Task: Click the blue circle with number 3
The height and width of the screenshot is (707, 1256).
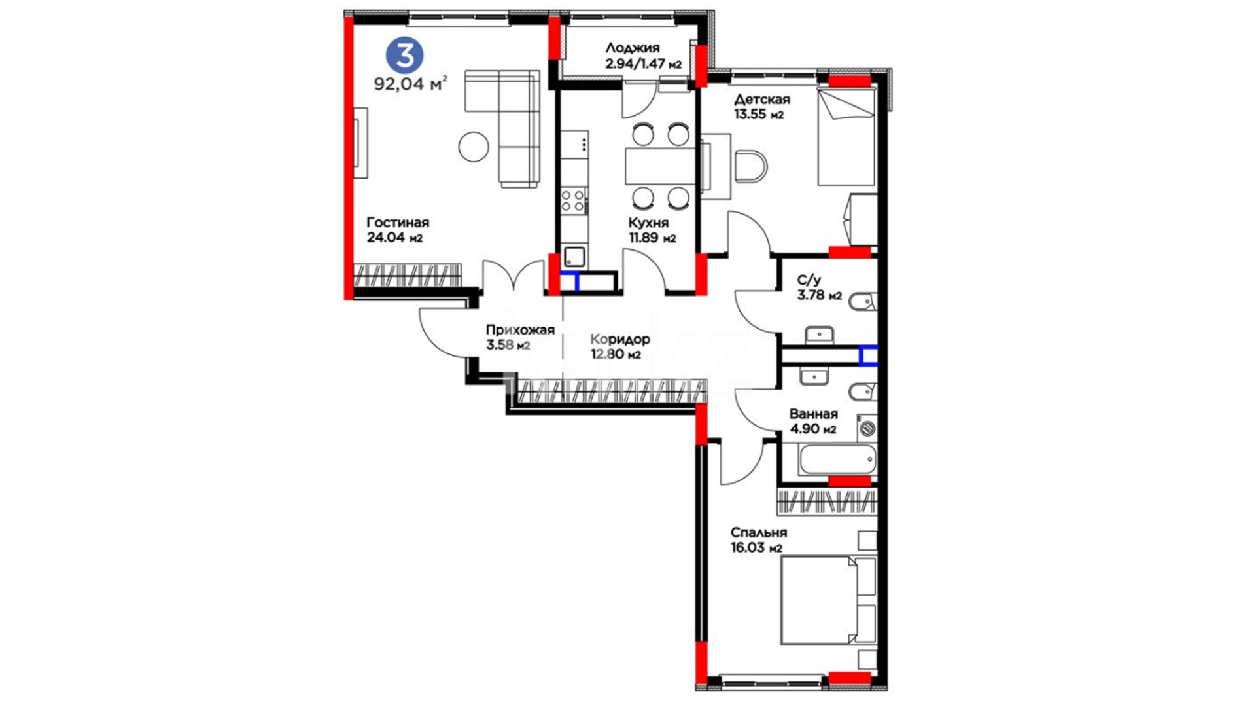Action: point(404,55)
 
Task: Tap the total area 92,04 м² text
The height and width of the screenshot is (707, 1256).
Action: point(411,84)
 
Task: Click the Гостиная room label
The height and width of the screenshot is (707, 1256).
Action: point(398,223)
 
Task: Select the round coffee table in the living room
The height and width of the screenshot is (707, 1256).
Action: point(474,147)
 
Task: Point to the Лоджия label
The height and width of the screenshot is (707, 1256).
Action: point(632,48)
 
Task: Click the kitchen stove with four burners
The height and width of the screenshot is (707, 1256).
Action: point(574,200)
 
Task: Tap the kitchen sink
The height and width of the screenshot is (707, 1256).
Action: point(574,256)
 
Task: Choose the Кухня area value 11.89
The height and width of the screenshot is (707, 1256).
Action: point(644,238)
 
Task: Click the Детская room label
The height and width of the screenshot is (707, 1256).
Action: point(761,100)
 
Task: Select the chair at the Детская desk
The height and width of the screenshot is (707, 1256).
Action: point(750,167)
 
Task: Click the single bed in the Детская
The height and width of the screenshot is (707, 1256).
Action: point(846,136)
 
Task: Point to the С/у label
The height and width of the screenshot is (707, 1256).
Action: point(809,280)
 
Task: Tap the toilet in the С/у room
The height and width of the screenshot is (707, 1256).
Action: point(862,302)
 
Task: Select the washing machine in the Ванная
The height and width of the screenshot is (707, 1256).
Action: point(867,428)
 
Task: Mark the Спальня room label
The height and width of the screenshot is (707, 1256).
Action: point(759,533)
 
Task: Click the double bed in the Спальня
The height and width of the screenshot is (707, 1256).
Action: point(828,600)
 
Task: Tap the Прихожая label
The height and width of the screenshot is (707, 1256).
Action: point(520,330)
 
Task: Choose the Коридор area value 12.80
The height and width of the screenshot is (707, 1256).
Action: point(606,355)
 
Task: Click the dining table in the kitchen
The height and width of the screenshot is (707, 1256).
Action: point(659,166)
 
